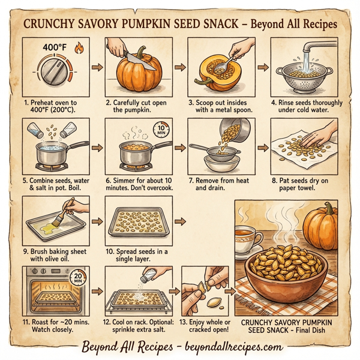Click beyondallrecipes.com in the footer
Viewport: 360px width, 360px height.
229,347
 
